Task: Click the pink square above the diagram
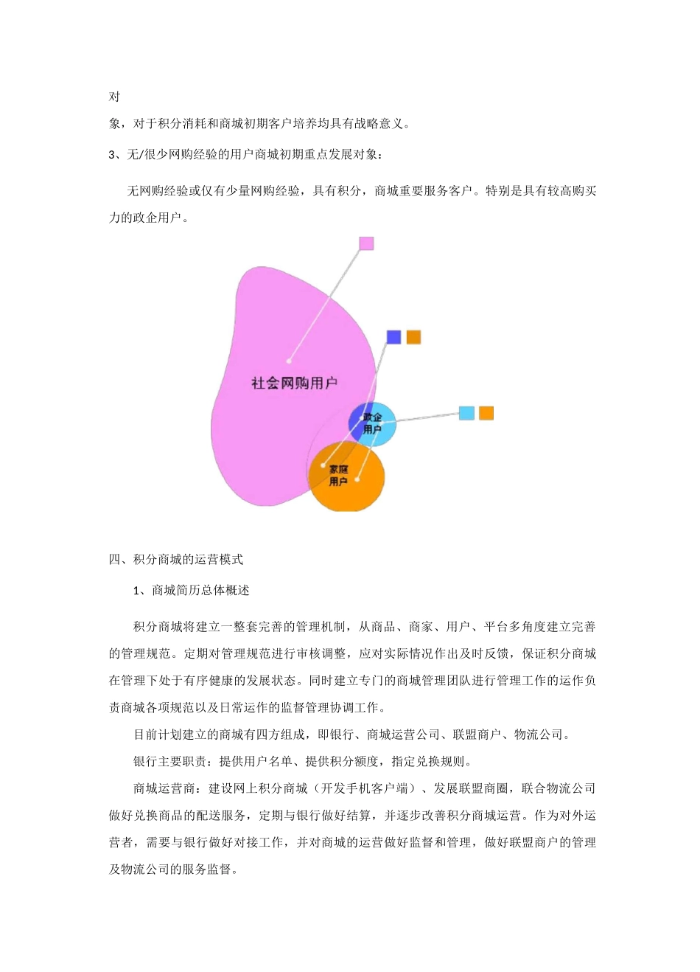tap(366, 243)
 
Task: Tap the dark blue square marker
tap(394, 337)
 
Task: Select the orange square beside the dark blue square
tap(413, 337)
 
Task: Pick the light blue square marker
tap(466, 413)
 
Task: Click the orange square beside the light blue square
tap(486, 413)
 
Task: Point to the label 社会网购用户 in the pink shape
tap(294, 383)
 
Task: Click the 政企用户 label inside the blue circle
tap(373, 423)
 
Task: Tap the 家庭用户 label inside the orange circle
tap(338, 476)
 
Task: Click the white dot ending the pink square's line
tap(289, 361)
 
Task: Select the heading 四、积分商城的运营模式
tap(176, 560)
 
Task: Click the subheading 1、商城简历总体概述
tap(192, 591)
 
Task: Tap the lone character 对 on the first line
tap(115, 97)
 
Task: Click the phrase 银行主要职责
tap(170, 762)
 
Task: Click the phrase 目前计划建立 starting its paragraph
tap(170, 735)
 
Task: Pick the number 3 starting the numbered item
tap(112, 155)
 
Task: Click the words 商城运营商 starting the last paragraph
tap(164, 789)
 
